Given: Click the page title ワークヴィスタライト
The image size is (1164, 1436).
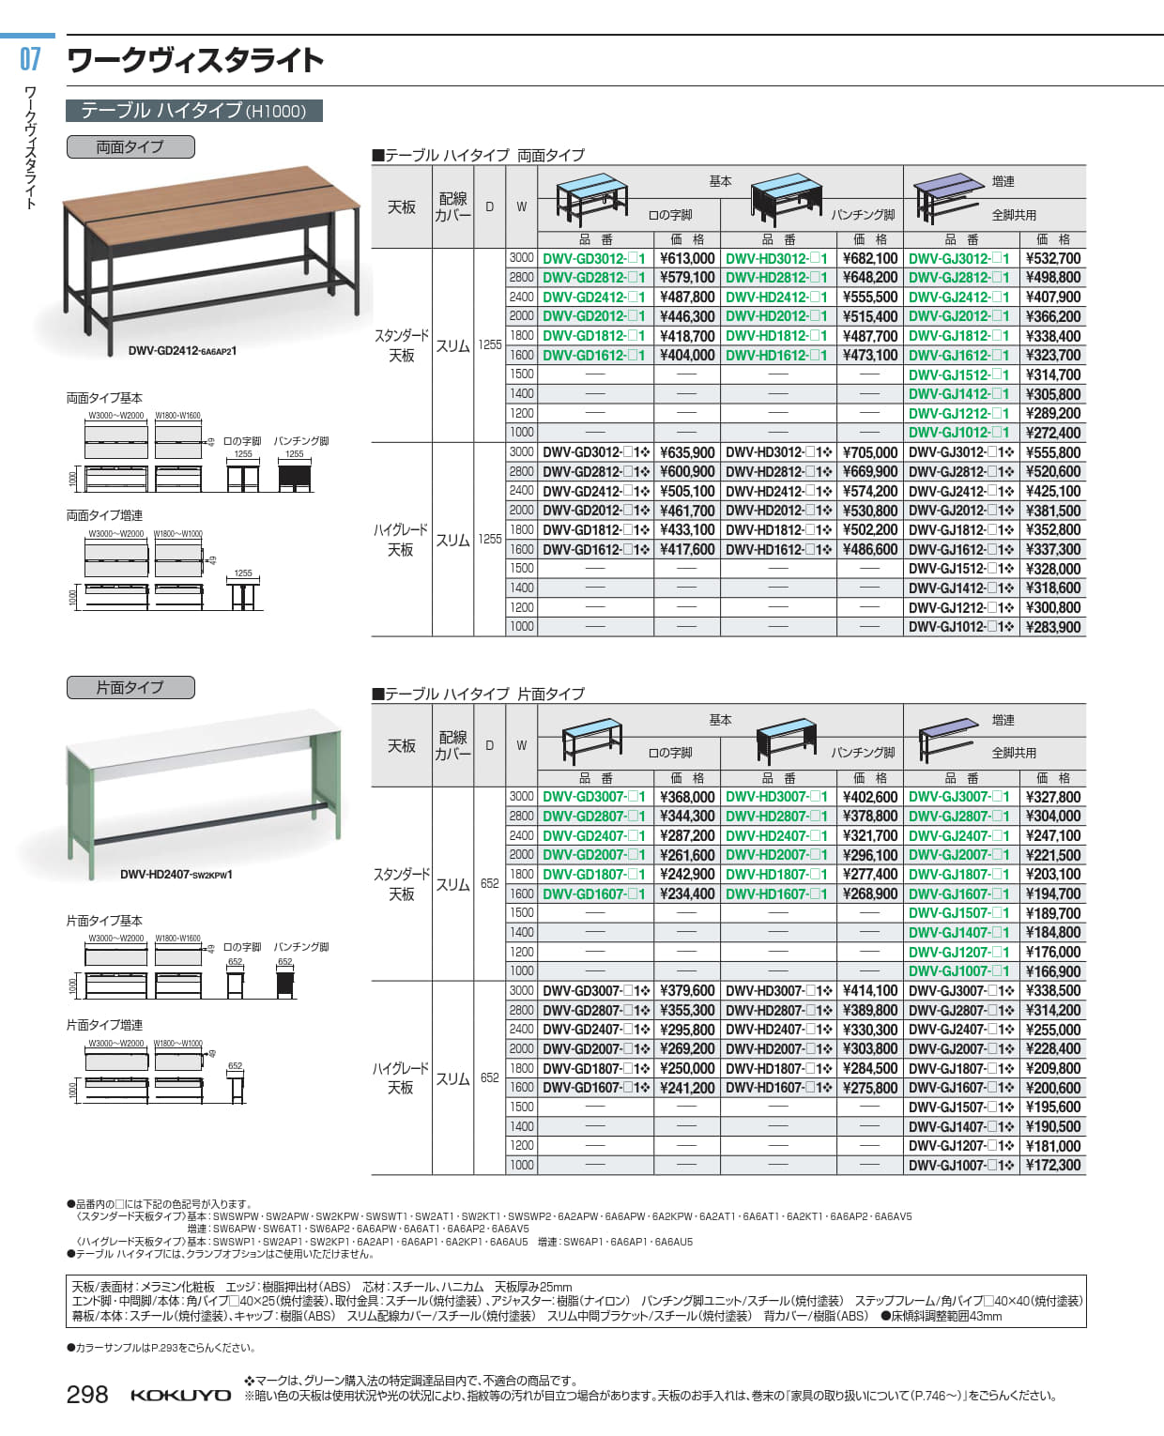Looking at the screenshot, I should [x=195, y=61].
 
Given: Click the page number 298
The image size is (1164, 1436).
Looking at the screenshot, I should [x=87, y=1395].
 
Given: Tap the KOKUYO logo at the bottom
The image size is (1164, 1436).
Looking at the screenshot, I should [x=180, y=1396].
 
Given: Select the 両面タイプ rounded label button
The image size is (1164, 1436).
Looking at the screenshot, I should [x=130, y=146].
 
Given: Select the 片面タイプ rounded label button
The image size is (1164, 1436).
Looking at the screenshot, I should [x=130, y=687].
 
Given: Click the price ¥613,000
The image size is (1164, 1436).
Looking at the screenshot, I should [x=686, y=258].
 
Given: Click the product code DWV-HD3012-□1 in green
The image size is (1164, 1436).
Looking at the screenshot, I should [x=777, y=258].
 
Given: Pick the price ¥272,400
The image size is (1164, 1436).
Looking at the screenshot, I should [x=1052, y=433].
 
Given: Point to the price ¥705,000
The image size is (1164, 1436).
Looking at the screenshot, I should [x=869, y=452].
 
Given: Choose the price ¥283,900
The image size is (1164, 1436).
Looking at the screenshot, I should [x=1052, y=627].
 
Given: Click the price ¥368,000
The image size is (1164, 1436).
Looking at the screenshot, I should [x=686, y=797].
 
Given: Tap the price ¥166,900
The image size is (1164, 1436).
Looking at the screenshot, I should [x=1052, y=971].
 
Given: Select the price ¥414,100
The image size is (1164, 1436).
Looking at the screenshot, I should [x=869, y=990].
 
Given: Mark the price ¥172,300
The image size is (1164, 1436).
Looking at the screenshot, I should [x=1052, y=1165].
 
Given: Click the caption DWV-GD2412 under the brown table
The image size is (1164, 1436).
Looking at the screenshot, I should [x=182, y=351].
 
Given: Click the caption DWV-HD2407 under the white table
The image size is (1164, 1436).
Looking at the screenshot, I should [x=176, y=875].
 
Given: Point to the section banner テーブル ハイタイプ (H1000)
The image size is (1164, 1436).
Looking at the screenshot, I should [x=193, y=111].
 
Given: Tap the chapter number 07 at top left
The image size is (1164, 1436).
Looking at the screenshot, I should [x=30, y=59].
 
